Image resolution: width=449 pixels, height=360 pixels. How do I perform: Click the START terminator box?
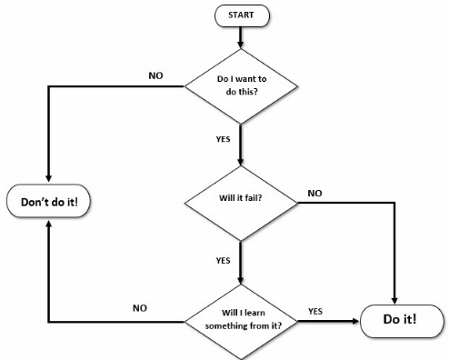pos(240,15)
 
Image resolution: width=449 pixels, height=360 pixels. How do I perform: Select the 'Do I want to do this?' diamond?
pos(241,86)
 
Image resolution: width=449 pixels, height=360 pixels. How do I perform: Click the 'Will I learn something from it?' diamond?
pos(241,320)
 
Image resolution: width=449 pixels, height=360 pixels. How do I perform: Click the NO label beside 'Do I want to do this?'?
pos(156,75)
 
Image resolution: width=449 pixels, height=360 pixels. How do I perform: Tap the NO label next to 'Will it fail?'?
pos(314,193)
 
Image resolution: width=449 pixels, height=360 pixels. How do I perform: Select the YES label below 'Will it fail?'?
pos(223,260)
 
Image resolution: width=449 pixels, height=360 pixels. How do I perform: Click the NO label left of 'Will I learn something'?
pos(139,308)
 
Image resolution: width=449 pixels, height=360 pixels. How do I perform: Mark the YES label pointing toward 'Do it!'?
pos(315,311)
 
